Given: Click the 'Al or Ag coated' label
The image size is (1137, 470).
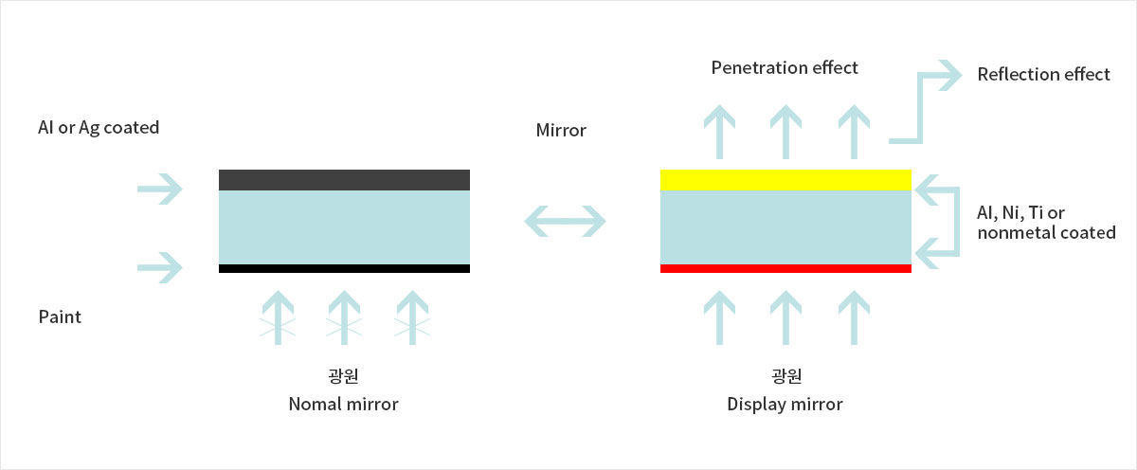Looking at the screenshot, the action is click(99, 127).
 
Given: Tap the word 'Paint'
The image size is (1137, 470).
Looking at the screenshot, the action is click(60, 316).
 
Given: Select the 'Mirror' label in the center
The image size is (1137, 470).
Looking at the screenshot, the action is click(561, 131).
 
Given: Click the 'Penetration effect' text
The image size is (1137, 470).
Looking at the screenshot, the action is click(785, 67).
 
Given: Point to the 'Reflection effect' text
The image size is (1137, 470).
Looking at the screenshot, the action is click(1043, 74).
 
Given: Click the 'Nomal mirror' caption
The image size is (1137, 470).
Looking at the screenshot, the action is click(343, 404).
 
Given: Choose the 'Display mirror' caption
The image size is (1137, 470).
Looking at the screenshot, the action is click(785, 405).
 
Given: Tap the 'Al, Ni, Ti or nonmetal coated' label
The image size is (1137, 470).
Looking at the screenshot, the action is click(1046, 223).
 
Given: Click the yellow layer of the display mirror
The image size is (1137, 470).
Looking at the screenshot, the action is click(785, 180).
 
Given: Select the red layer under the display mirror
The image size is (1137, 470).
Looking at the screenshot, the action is click(785, 268).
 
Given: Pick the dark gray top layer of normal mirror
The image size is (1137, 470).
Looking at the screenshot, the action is click(344, 180).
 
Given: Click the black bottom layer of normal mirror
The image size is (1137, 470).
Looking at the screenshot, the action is click(344, 268).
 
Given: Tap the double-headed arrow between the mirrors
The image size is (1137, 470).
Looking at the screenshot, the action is click(565, 221).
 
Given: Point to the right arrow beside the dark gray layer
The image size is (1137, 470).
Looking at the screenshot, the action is click(160, 189).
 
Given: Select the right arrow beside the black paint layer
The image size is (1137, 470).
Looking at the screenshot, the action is click(160, 267).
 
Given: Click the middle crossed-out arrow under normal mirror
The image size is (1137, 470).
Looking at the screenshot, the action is click(344, 317).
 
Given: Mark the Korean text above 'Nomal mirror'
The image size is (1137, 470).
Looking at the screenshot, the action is click(343, 375).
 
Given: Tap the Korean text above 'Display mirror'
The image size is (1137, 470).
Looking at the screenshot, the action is click(786, 375).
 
